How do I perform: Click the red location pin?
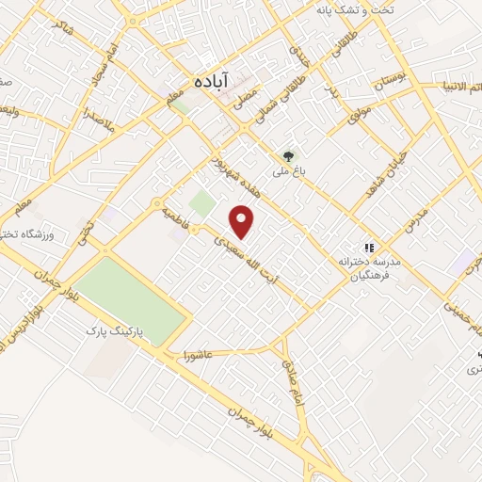[243, 221]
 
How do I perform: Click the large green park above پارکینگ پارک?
[132, 298]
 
